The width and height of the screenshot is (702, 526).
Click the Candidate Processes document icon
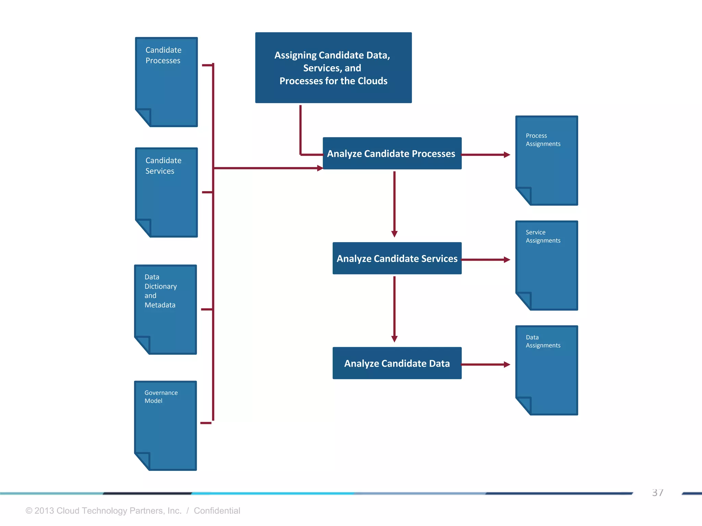pos(167,82)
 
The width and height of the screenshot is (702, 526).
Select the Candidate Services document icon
pos(167,192)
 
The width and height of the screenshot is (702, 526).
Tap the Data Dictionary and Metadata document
pos(166,309)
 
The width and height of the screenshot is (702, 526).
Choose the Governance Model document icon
pos(166,426)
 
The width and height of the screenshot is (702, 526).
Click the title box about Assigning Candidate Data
pos(333,68)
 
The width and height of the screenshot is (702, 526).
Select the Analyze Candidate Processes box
pos(392,153)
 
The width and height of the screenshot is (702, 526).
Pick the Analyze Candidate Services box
pos(397,259)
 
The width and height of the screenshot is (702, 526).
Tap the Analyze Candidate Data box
pos(397,363)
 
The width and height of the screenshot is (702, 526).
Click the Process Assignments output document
pos(547,161)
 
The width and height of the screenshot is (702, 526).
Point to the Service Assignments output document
pos(547,265)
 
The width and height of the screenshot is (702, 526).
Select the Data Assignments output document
pos(547,370)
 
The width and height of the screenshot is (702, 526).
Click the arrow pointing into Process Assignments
pos(486,155)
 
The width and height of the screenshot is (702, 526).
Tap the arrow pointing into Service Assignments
pos(486,260)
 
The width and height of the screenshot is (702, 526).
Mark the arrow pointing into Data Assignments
pos(486,365)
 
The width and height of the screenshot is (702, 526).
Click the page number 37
pos(657,493)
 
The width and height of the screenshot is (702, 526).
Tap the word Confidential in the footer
pos(217,511)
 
